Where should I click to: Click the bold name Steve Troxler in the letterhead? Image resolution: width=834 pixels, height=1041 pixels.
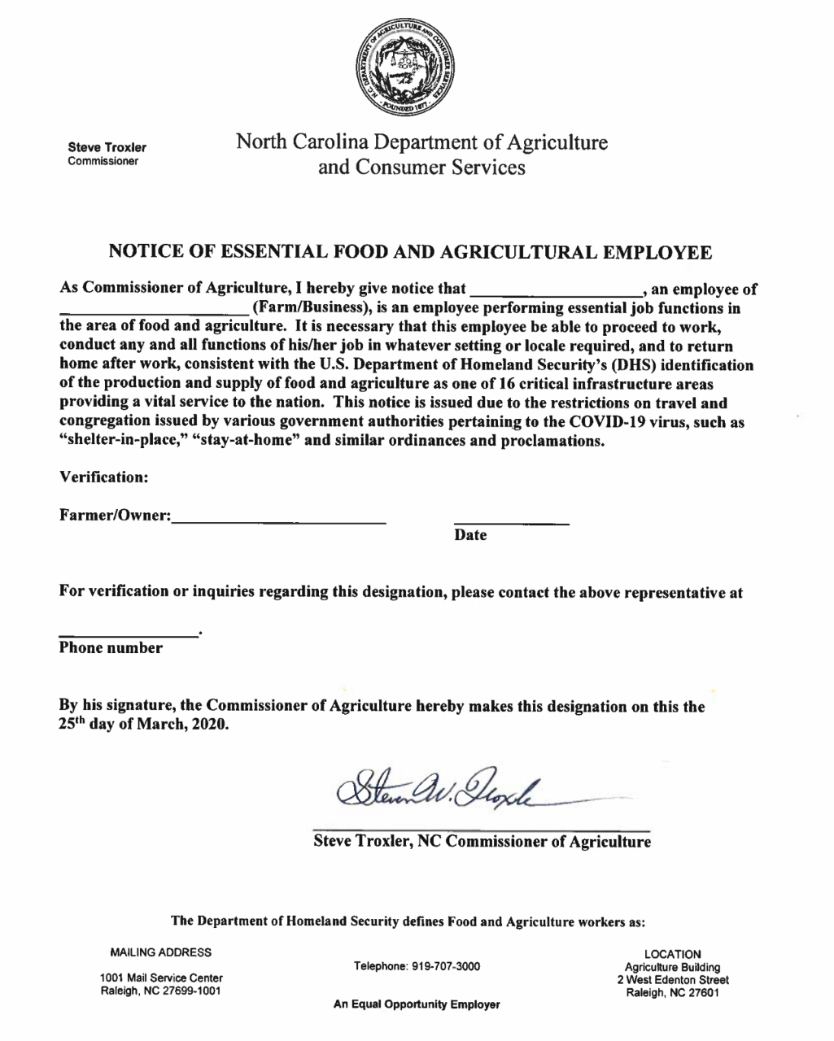pyautogui.click(x=107, y=147)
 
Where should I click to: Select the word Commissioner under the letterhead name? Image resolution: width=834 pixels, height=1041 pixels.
pyautogui.click(x=103, y=161)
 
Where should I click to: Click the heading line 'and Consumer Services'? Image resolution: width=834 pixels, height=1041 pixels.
pyautogui.click(x=421, y=168)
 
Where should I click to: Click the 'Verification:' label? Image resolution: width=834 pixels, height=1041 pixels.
pyautogui.click(x=103, y=477)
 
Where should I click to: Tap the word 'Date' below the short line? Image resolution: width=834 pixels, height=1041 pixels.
pyautogui.click(x=470, y=535)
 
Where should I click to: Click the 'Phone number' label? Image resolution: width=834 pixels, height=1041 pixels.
pyautogui.click(x=111, y=648)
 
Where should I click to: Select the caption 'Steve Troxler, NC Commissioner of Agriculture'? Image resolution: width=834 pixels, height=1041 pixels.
pyautogui.click(x=482, y=842)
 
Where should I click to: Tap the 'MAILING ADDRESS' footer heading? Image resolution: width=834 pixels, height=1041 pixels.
pyautogui.click(x=160, y=952)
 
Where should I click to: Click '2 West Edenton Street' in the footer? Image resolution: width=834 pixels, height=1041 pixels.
pyautogui.click(x=673, y=980)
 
